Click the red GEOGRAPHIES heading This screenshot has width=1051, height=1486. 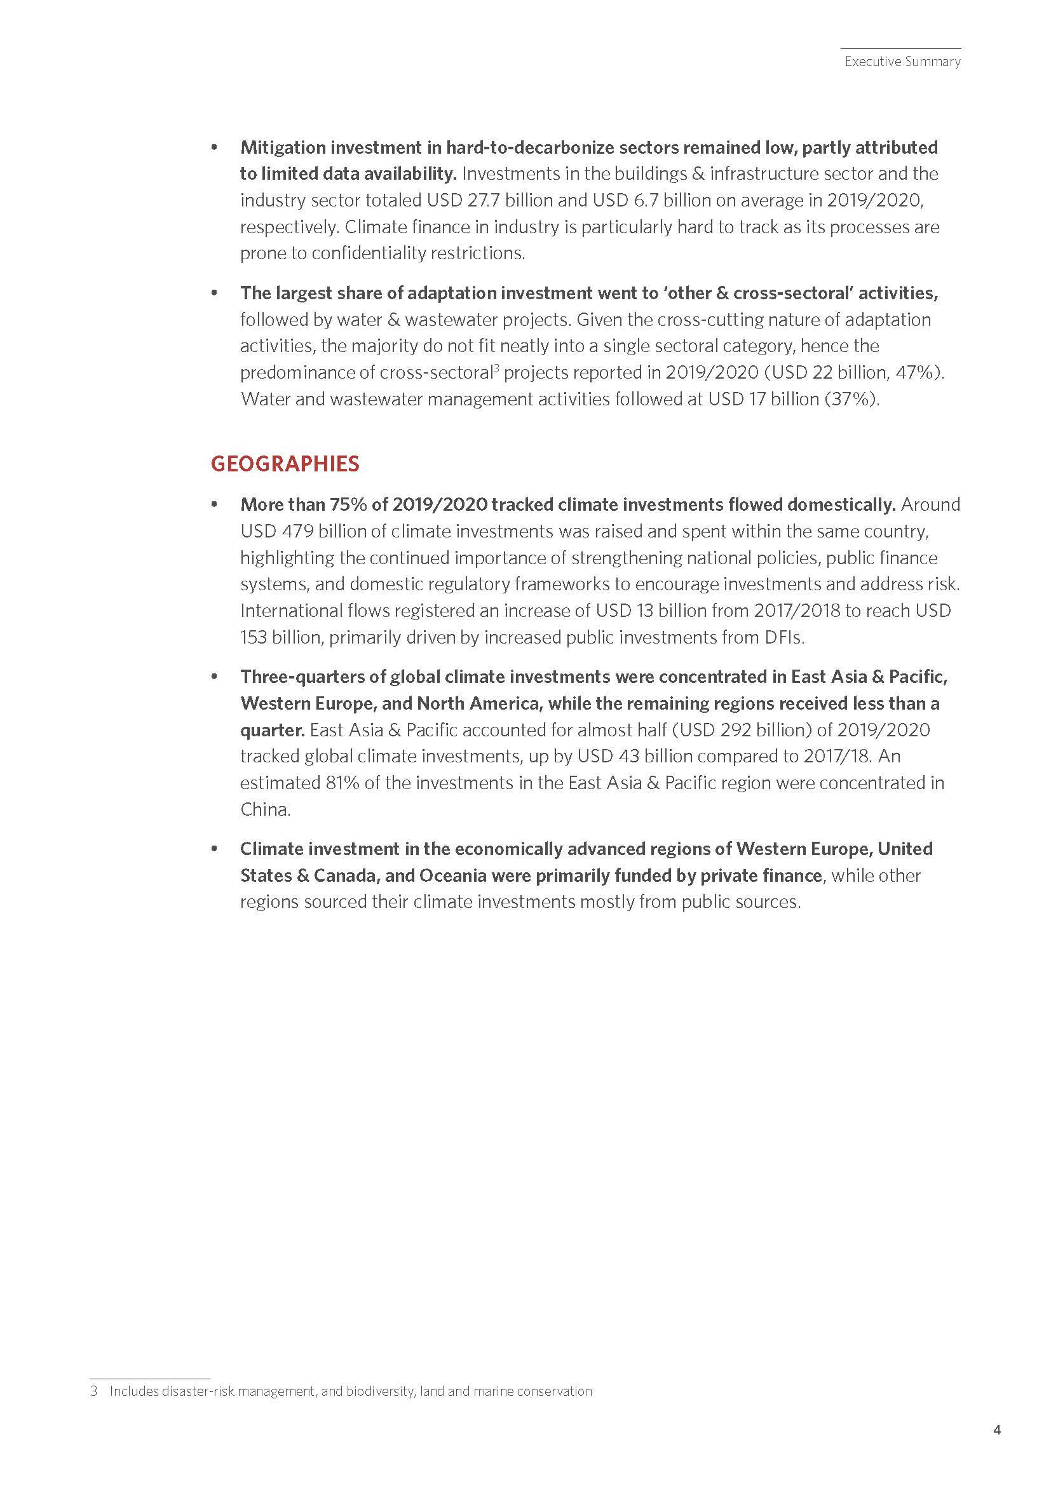click(285, 463)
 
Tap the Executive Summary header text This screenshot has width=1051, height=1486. click(902, 62)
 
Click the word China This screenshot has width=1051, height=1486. click(264, 809)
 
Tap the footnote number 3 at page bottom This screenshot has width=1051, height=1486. click(94, 1391)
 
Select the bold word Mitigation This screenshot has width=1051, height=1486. click(283, 147)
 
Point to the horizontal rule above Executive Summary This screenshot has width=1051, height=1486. click(901, 48)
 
